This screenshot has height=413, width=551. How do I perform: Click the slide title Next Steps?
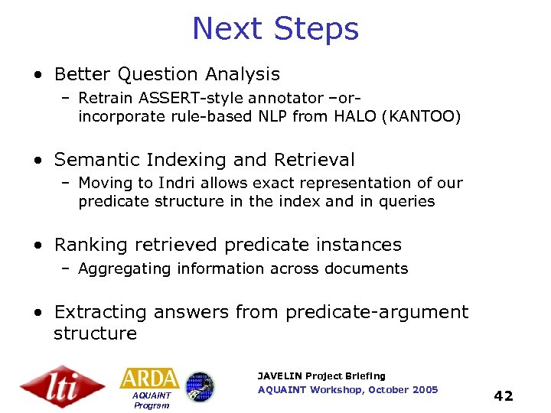[275, 29]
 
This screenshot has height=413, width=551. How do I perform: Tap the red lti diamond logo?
[62, 386]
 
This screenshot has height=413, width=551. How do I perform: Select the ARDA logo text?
[149, 379]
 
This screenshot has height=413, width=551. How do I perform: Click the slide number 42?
[503, 395]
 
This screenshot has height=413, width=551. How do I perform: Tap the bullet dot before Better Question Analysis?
[37, 75]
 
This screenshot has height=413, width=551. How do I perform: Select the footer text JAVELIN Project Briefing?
[321, 376]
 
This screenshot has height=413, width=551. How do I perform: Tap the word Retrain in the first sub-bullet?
[105, 98]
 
